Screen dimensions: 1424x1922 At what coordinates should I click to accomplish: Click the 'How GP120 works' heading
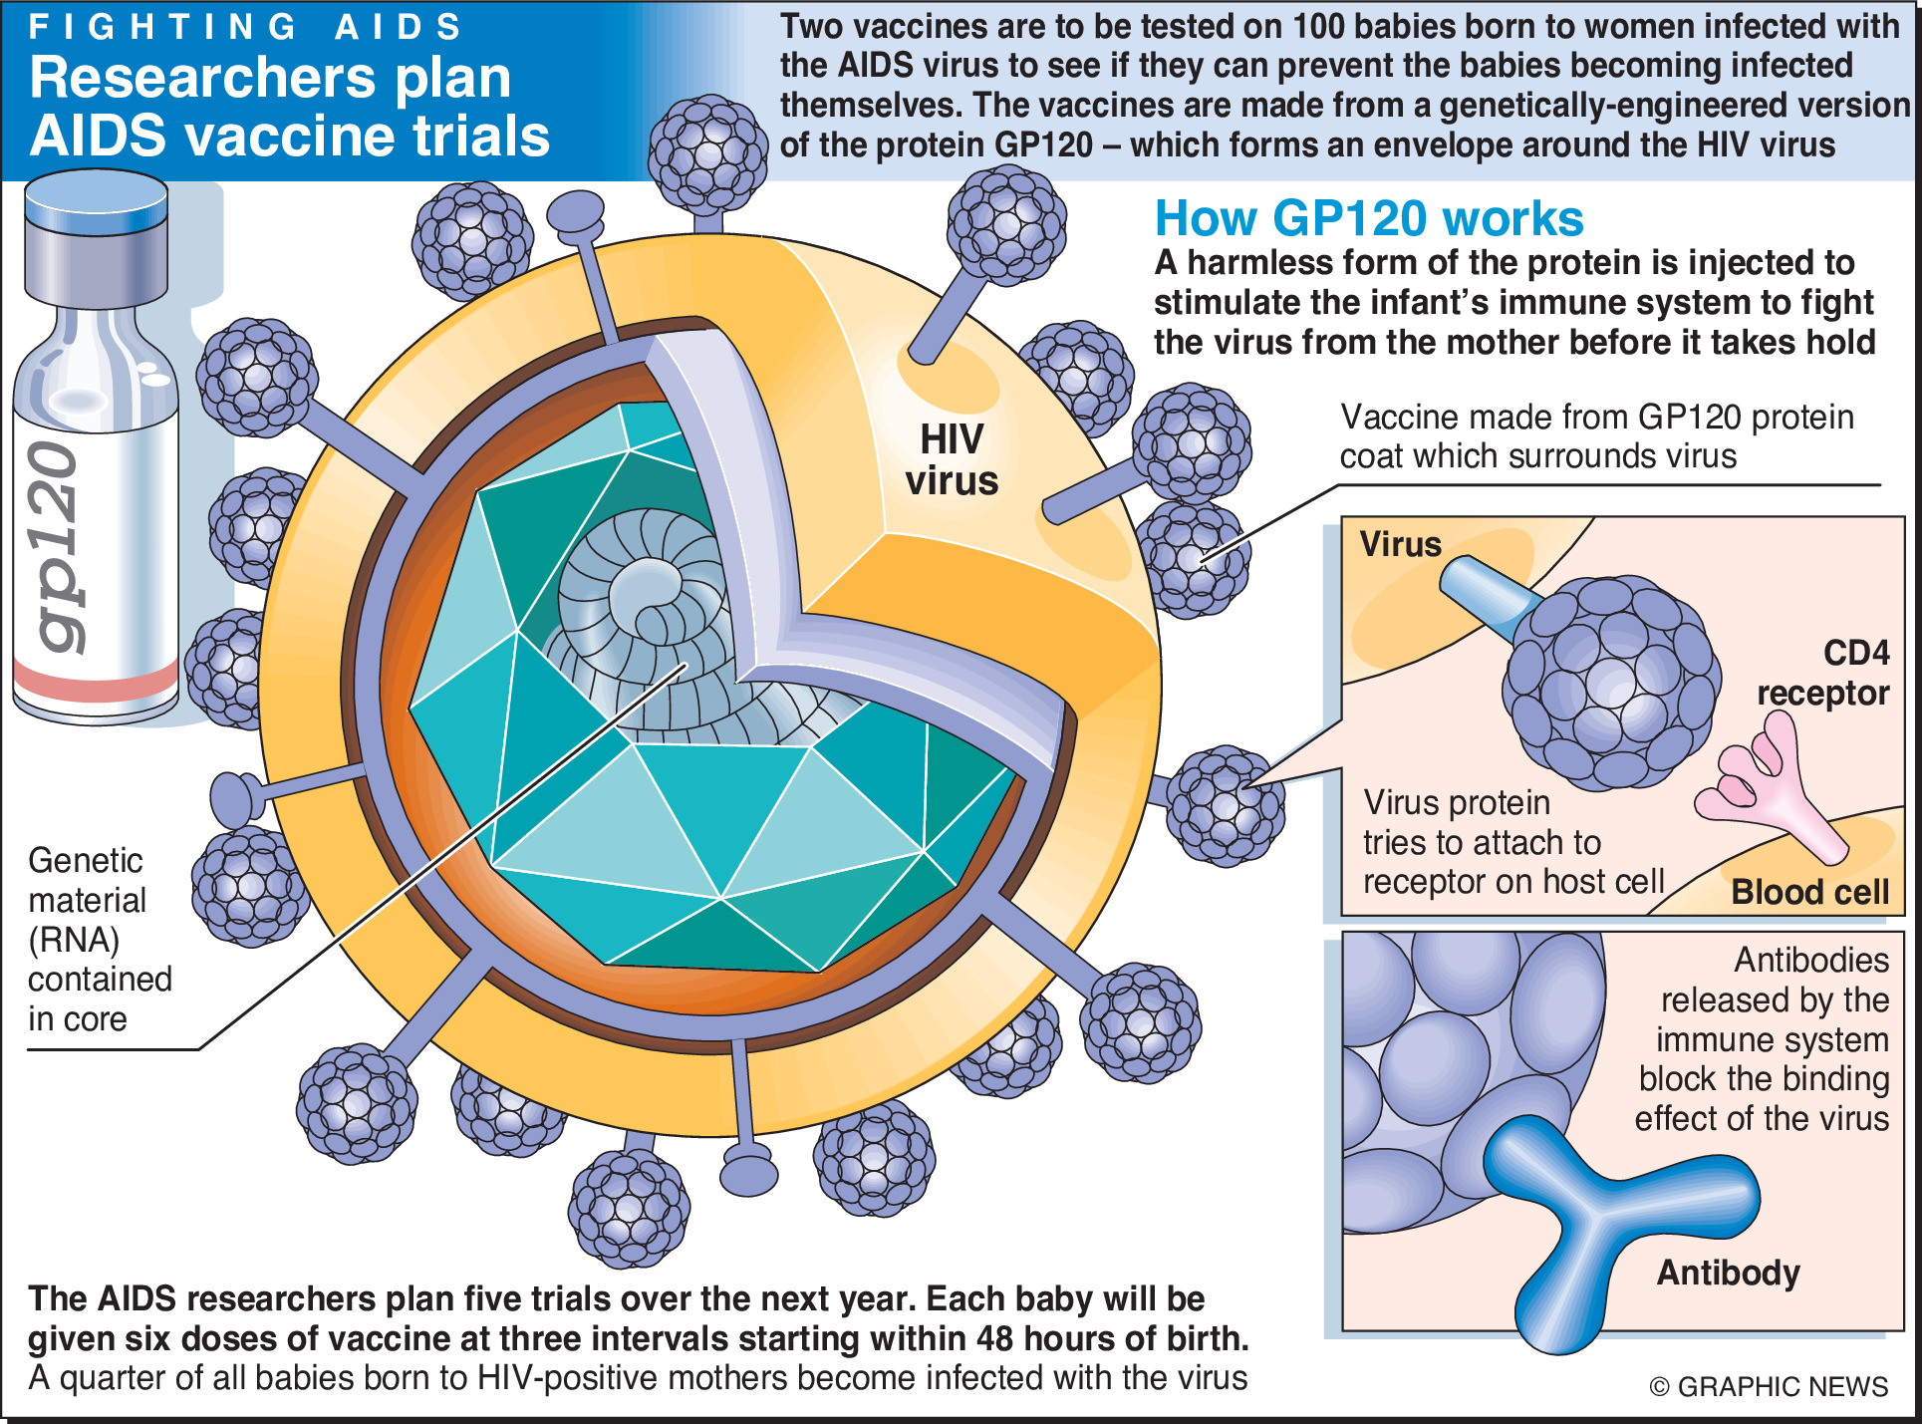pos(1369,219)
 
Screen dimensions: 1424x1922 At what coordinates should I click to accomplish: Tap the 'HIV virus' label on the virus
pos(952,460)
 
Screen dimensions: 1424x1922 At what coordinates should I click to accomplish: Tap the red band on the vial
pos(96,684)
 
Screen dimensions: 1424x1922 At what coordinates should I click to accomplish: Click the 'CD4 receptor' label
pos(1823,673)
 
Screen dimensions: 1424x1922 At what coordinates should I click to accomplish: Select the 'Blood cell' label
pos(1809,892)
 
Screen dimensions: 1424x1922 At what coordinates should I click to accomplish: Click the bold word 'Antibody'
pos(1728,1273)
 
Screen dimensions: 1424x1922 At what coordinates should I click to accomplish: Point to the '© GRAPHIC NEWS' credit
pos(1769,1386)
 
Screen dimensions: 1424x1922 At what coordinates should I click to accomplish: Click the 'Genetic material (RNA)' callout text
pos(90,939)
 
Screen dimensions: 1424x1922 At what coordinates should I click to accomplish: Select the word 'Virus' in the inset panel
pos(1400,544)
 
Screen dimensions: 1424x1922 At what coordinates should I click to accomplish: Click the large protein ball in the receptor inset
pos(1609,683)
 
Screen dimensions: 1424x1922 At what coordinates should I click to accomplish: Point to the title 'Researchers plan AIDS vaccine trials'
pos(289,107)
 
